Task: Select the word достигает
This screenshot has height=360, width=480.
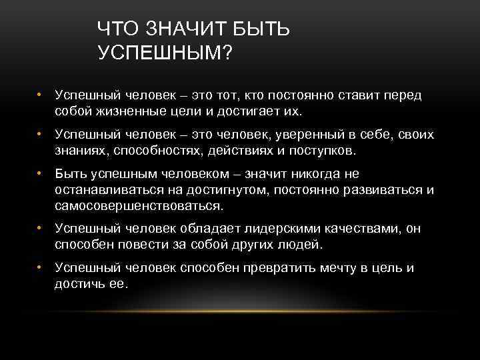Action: (x=250, y=110)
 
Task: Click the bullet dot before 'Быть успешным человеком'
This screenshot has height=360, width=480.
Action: (x=41, y=174)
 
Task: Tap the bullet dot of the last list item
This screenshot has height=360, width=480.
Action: (x=41, y=268)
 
